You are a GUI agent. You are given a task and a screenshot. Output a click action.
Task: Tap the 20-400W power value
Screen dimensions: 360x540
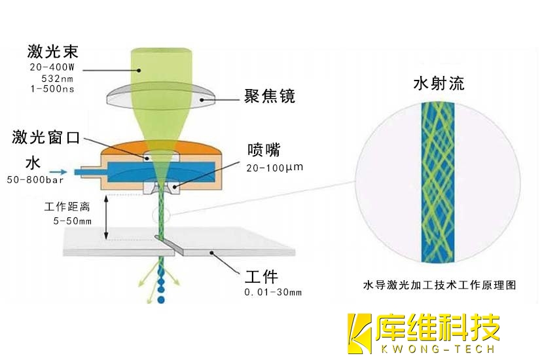[x=53, y=67]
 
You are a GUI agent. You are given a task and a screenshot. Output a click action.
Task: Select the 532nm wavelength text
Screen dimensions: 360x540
[x=56, y=79]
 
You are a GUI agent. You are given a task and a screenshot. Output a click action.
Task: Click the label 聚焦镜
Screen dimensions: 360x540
[x=270, y=96]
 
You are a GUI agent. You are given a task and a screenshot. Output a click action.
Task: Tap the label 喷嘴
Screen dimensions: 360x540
[x=264, y=149]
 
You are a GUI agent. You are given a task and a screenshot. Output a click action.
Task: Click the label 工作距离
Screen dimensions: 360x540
[x=67, y=207]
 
